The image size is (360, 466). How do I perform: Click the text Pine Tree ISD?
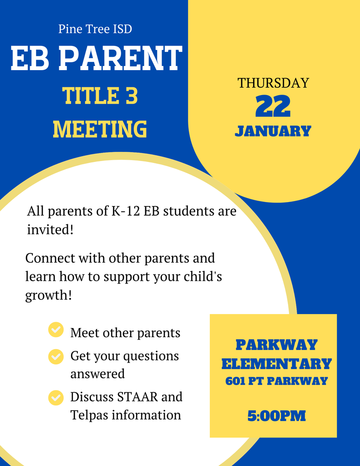click(95, 29)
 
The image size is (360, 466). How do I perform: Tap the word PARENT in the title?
click(121, 58)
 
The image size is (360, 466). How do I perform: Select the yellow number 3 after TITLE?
click(132, 96)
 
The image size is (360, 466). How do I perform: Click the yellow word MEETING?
click(100, 129)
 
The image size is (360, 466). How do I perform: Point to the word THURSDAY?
click(273, 83)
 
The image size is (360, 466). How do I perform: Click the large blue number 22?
click(273, 106)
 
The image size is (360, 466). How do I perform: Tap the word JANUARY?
click(273, 131)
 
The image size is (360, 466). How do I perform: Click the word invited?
click(50, 229)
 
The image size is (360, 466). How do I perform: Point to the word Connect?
click(50, 258)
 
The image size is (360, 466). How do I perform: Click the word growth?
click(48, 295)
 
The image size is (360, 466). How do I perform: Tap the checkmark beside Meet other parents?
click(56, 329)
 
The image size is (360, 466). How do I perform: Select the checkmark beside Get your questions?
click(56, 357)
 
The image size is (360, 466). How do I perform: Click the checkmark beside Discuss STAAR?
click(56, 398)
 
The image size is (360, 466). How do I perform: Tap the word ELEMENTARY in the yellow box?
click(276, 364)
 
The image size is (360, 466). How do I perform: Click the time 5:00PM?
click(276, 416)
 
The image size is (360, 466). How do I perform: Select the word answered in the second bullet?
click(97, 374)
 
